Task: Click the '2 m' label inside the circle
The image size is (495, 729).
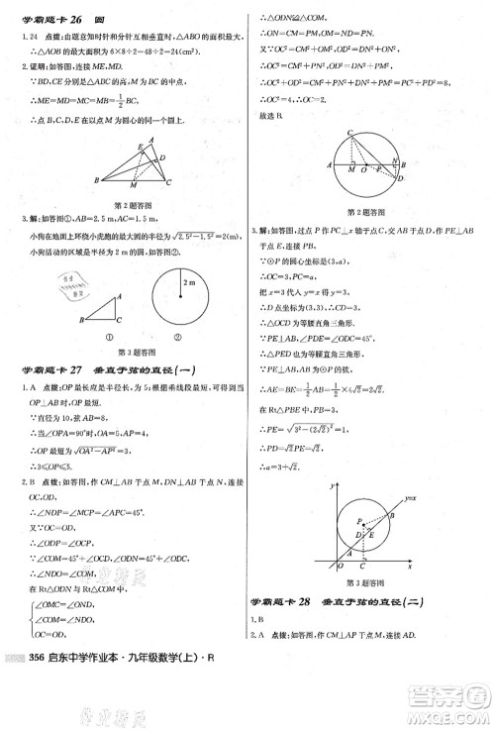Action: [190, 282]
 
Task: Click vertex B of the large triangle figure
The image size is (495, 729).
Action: [96, 179]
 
